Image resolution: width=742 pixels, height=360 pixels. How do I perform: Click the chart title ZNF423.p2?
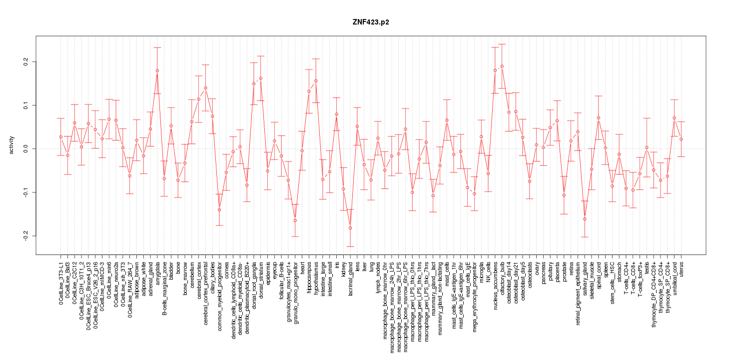371,22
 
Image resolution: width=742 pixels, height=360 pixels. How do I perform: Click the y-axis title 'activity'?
12,145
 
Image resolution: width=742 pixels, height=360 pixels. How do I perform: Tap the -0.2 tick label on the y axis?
26,235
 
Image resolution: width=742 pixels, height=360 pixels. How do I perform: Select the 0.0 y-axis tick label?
26,148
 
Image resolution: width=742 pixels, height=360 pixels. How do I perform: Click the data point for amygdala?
157,70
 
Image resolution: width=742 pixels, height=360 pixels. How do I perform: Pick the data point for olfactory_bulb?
502,66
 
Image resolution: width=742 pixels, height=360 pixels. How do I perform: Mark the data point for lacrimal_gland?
350,228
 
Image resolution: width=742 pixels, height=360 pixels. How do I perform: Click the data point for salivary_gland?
585,219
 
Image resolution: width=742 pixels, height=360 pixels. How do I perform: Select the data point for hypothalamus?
316,80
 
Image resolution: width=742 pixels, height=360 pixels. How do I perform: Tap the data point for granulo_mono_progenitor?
295,220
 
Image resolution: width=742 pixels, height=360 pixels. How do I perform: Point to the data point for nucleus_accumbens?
495,70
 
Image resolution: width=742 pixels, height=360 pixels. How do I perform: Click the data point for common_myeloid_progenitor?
219,209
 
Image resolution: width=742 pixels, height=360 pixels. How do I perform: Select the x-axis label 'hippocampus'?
309,278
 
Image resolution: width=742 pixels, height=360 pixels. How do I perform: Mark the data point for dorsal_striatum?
260,78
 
